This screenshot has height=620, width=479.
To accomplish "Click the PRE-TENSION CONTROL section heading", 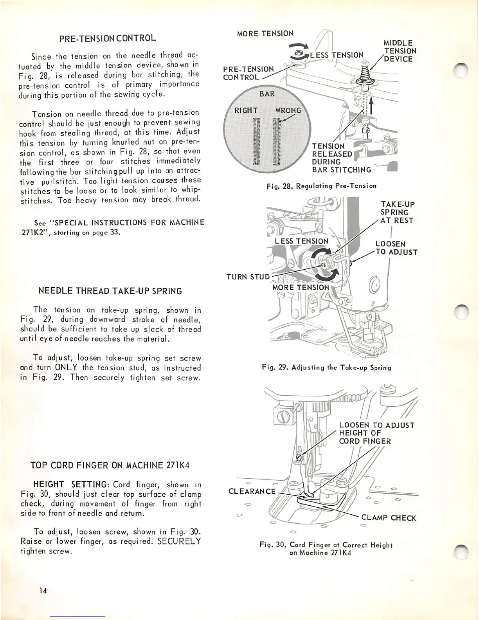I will click(x=108, y=38).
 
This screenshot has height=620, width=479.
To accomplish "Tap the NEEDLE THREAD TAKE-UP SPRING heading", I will click(x=110, y=291).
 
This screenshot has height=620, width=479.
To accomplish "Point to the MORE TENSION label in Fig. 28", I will click(x=265, y=33).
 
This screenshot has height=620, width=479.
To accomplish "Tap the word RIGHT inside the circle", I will click(x=246, y=110).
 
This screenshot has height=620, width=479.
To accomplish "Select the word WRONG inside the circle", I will click(x=288, y=110).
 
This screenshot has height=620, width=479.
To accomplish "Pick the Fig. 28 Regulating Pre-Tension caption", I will click(x=321, y=186).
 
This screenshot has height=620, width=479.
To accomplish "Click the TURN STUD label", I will click(x=248, y=277).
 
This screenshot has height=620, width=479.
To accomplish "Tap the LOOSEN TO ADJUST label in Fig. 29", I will click(x=396, y=248).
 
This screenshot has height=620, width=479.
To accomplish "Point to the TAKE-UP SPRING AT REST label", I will click(x=397, y=212).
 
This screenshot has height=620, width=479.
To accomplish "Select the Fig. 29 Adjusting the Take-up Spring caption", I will click(x=326, y=367).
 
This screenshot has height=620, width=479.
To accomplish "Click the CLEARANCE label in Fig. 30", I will click(x=252, y=491).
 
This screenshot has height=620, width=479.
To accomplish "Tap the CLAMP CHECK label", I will click(x=389, y=518).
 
